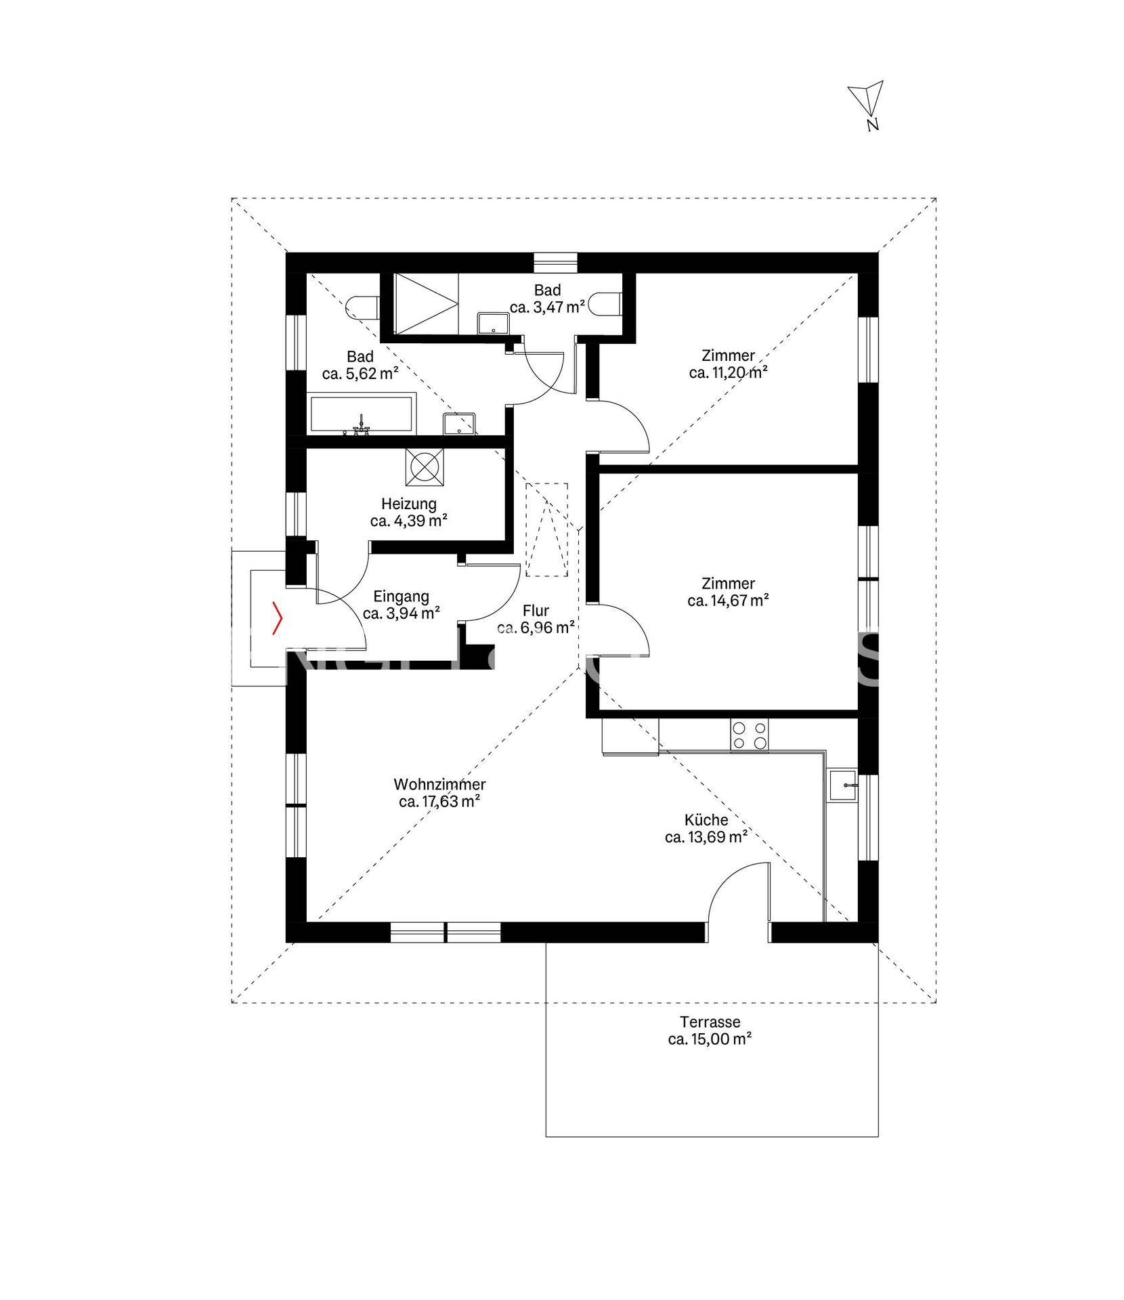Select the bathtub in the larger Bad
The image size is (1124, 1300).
pos(361,416)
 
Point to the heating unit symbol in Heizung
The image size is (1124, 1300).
pos(425,467)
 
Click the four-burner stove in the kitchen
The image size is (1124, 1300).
pos(749,735)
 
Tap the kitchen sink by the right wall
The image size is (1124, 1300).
pos(843,785)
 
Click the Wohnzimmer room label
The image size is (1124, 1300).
pos(440,785)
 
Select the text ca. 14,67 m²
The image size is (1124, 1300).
pos(729,600)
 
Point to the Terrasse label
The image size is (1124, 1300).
pos(710,1022)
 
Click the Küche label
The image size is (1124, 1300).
pos(706,820)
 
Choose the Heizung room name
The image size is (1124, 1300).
pos(409,504)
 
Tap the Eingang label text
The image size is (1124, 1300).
pos(402,597)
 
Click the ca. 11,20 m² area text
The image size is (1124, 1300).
pos(729,372)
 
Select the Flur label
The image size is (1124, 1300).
pos(536,611)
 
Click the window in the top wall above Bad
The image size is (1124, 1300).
pos(555,262)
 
